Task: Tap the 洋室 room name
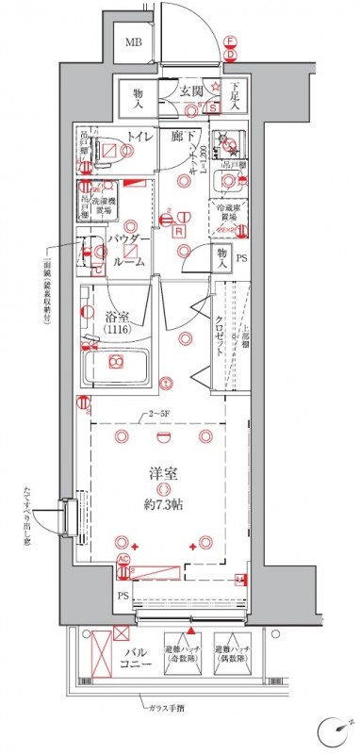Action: coord(164,474)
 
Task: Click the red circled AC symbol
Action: coord(123,560)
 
